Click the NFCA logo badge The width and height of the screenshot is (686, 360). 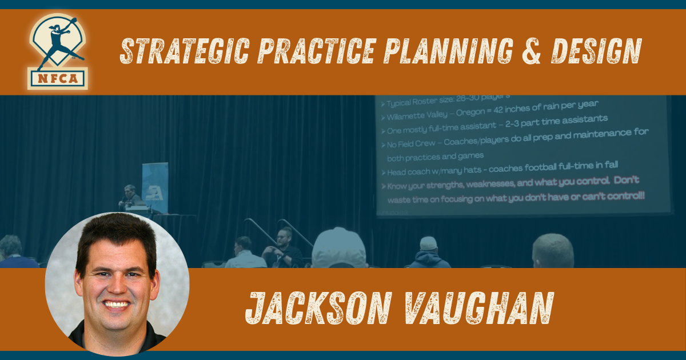tap(58, 51)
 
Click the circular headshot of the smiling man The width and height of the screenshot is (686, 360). tap(117, 284)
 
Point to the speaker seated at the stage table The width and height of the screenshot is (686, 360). tap(130, 197)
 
